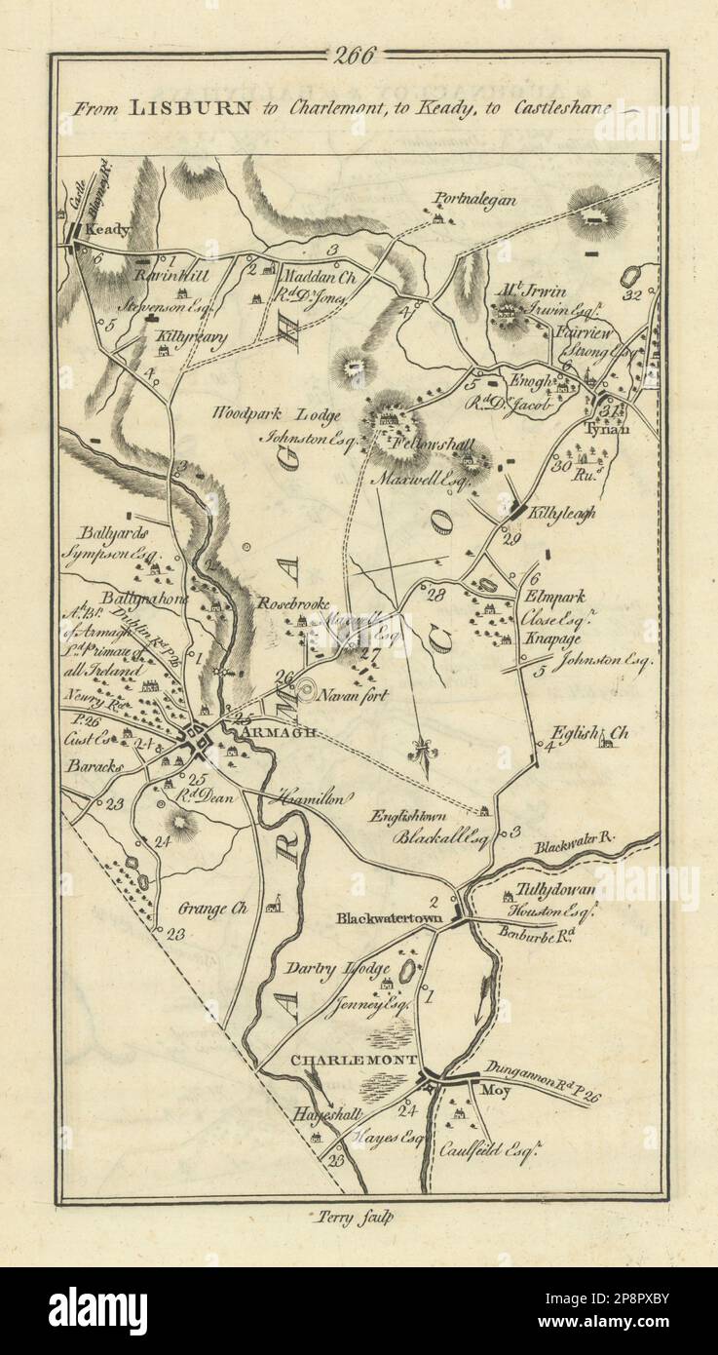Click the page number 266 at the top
point(358,56)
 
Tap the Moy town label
point(496,1090)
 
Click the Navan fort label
point(360,695)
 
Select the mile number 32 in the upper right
point(632,295)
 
